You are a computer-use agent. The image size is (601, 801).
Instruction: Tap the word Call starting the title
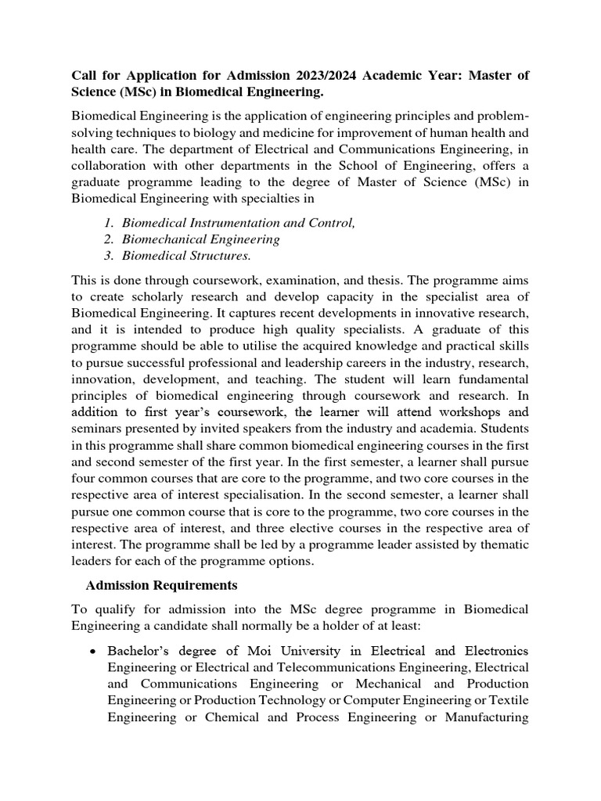coord(85,76)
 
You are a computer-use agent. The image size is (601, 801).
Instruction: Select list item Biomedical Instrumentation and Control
coord(239,223)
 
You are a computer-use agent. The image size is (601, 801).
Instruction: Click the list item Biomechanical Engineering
coord(201,239)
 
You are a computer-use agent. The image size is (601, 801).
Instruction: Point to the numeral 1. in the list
coord(109,223)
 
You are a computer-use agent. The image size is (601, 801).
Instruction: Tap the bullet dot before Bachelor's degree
coord(94,652)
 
